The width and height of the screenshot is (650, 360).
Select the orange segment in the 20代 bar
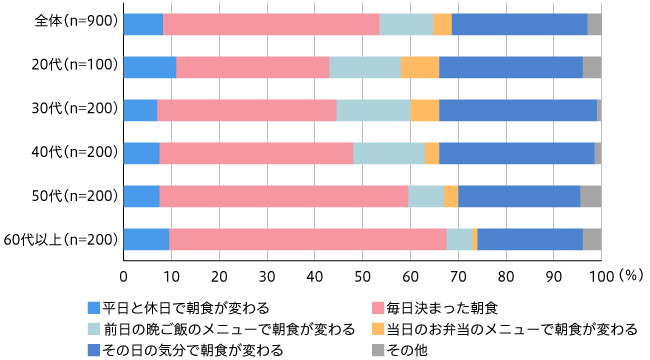(420, 67)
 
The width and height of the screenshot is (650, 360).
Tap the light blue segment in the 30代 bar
(373, 110)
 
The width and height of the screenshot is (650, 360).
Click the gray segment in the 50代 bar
(590, 196)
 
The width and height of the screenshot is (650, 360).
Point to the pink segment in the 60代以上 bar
(308, 239)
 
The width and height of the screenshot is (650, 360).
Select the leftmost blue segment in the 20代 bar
(150, 67)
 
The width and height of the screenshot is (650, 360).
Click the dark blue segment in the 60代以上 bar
(530, 239)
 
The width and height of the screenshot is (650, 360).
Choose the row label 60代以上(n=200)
(61, 239)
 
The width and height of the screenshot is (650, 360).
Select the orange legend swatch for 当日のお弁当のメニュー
(378, 329)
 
